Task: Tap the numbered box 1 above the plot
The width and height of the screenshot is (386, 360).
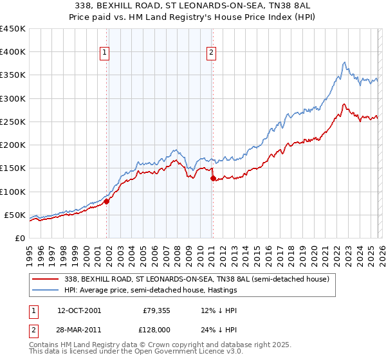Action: (x=105, y=54)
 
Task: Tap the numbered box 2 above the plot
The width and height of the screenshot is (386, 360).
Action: (x=211, y=54)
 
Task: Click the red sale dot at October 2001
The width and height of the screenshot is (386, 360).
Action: (x=107, y=201)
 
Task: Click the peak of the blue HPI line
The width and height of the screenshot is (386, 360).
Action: (x=345, y=62)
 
